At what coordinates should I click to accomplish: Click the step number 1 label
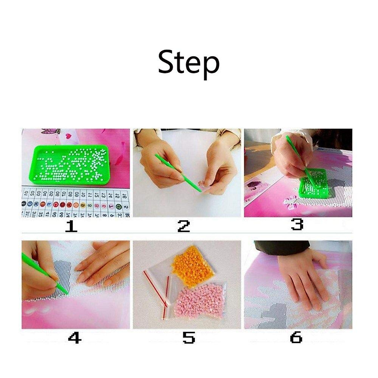click(x=71, y=226)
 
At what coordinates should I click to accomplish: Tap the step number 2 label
click(x=184, y=226)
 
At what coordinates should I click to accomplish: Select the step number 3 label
click(x=297, y=224)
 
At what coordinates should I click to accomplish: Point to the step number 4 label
click(x=75, y=338)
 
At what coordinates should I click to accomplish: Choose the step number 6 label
click(x=296, y=338)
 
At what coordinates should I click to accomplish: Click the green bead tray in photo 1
click(x=69, y=164)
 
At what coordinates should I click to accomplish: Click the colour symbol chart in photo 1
click(x=76, y=203)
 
